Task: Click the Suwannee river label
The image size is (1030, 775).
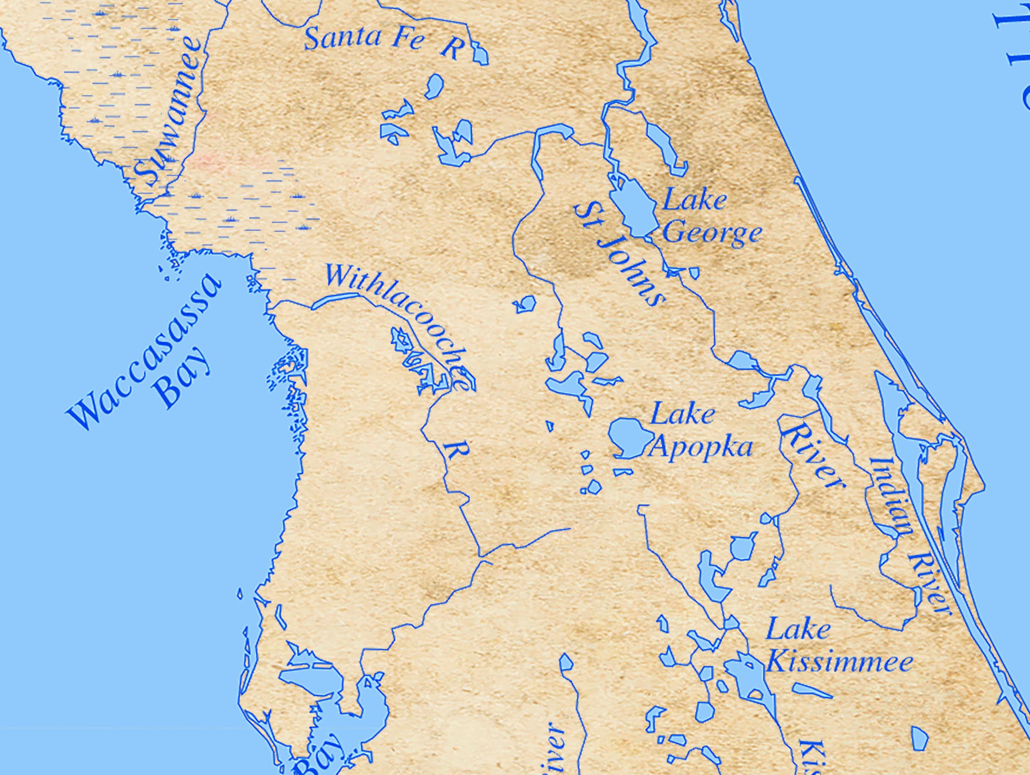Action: [169, 114]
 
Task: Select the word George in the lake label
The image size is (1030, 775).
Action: [711, 233]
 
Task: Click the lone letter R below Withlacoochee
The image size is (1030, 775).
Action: [454, 452]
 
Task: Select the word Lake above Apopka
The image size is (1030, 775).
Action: [682, 414]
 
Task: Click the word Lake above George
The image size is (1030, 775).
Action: [694, 200]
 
